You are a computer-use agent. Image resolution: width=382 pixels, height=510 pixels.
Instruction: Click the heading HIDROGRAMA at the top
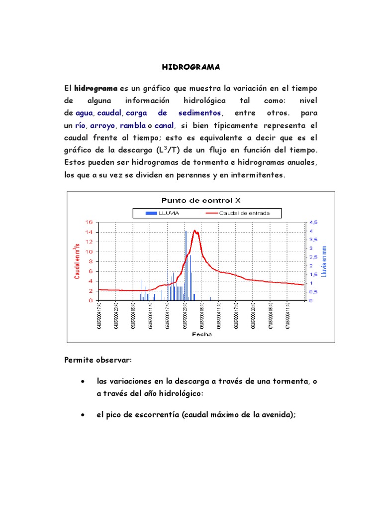pos(191,67)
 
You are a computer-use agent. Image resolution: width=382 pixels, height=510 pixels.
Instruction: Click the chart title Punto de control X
pos(201,200)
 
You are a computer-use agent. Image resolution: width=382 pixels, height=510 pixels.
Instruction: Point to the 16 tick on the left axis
pos(90,222)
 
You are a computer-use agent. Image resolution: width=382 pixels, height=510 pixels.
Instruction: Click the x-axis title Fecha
pos(201,334)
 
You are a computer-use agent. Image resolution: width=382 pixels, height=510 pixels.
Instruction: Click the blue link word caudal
pos(109,113)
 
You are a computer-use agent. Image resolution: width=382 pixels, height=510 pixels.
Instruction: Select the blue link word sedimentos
pos(199,113)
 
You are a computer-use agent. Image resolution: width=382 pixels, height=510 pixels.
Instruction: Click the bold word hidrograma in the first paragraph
pos(96,88)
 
